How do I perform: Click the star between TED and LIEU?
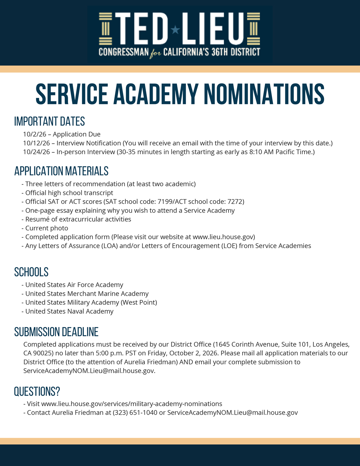(x=175, y=30)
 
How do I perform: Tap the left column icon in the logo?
(x=105, y=29)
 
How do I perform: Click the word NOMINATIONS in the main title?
(x=264, y=94)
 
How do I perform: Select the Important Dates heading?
(x=50, y=122)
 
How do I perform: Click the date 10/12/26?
(x=36, y=143)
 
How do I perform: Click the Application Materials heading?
(x=61, y=171)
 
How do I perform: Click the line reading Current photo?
(x=47, y=228)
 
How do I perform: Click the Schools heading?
(x=31, y=272)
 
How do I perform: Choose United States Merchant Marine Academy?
(x=87, y=294)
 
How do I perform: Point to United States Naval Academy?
(x=69, y=311)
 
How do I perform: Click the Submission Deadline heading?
(x=56, y=332)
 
